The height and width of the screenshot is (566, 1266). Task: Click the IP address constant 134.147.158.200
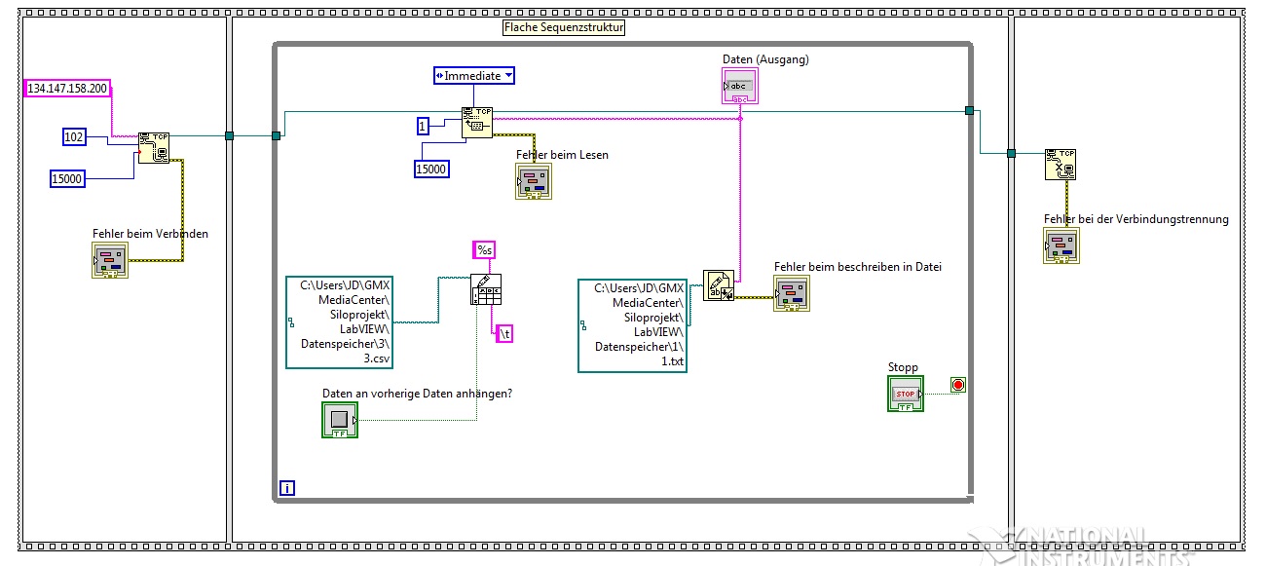[67, 89]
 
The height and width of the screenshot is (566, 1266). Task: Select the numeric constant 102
[74, 137]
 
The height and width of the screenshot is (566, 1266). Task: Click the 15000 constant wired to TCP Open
[67, 178]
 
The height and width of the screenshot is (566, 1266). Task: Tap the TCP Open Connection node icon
[154, 147]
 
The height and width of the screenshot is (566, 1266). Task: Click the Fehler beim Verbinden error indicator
[110, 260]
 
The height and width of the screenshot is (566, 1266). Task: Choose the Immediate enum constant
[474, 75]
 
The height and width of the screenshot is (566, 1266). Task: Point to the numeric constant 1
[423, 127]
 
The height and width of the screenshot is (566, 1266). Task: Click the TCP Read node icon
[476, 123]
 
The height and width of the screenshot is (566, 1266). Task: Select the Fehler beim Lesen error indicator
[534, 181]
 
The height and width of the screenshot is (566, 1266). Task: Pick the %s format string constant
[484, 250]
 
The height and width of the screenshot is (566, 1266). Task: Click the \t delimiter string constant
[505, 333]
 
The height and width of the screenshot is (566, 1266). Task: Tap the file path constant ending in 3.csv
[340, 322]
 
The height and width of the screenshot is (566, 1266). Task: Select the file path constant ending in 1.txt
[632, 325]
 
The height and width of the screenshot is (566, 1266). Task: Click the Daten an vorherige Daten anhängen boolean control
[340, 420]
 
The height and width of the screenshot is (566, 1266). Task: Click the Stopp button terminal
[906, 394]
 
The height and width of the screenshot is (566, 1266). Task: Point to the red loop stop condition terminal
[957, 385]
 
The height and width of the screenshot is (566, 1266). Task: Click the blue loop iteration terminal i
[286, 487]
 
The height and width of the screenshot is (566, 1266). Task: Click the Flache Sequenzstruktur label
[564, 27]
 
